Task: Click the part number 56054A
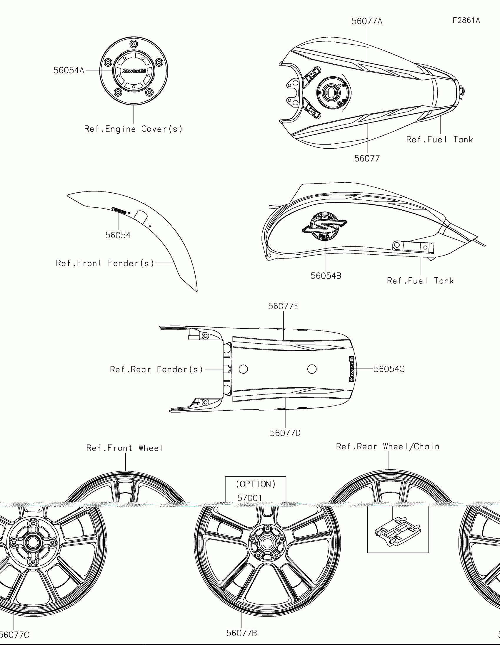tap(69, 70)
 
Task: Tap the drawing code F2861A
tap(466, 20)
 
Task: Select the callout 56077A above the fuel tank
tap(367, 21)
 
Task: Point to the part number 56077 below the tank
tap(367, 159)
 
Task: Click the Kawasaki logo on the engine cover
tap(134, 70)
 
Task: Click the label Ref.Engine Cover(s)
tap(133, 129)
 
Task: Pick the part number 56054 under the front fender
tap(118, 235)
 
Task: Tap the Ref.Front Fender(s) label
tap(105, 263)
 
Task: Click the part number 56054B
tap(326, 276)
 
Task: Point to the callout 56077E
tap(283, 306)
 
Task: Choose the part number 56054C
tap(389, 369)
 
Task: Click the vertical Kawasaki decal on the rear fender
tap(352, 369)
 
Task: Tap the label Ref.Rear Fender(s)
tap(156, 369)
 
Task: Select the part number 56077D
tap(285, 433)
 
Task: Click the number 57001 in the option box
tap(250, 498)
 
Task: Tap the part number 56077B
tap(241, 633)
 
